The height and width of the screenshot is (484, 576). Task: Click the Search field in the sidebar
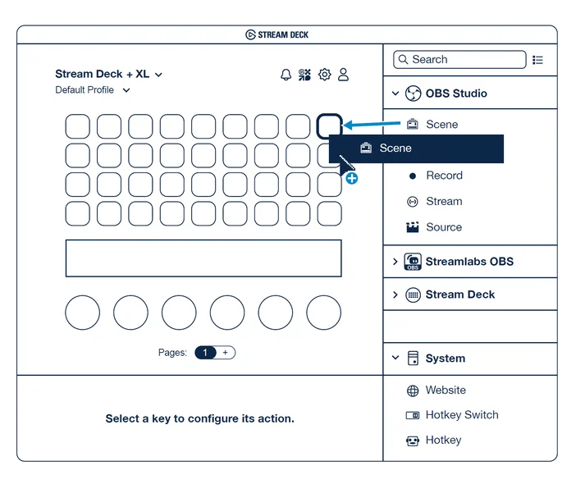[x=459, y=60]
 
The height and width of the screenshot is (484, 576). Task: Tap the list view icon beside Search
[x=538, y=60]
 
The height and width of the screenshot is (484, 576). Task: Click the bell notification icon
[x=286, y=75]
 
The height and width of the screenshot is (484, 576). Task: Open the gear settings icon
[x=324, y=75]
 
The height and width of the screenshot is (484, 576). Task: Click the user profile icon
[x=344, y=75]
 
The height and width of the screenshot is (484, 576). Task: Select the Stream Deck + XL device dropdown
[x=109, y=74]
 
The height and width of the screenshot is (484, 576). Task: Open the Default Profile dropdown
[x=92, y=90]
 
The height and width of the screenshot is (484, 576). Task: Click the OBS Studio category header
[x=455, y=94]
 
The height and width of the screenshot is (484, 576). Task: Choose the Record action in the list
[x=444, y=176]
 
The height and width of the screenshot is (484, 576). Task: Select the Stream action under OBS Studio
[x=444, y=202]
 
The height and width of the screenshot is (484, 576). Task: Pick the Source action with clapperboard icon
[x=444, y=227]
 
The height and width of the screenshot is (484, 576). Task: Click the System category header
[x=445, y=358]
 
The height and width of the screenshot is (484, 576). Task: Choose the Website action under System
[x=445, y=390]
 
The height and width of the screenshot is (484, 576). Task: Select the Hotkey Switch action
[x=461, y=415]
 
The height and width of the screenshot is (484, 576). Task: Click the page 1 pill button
[x=205, y=353]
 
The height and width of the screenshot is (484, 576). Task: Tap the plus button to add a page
[x=226, y=353]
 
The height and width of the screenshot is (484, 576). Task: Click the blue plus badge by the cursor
[x=351, y=178]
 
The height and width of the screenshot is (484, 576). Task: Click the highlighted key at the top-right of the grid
[x=329, y=126]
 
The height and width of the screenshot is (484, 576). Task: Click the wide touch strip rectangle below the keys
[x=203, y=258]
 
